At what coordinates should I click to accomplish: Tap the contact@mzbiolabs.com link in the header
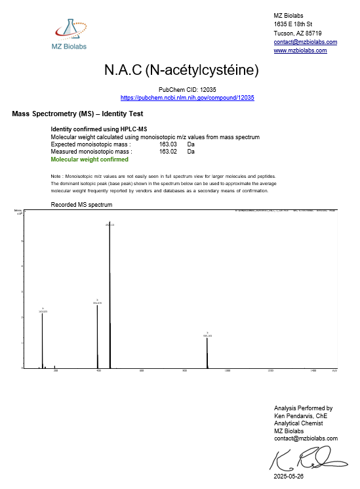tap(305, 42)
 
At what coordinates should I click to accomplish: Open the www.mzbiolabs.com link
tap(300, 51)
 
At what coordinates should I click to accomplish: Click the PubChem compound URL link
tap(188, 98)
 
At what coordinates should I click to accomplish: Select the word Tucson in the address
tap(283, 33)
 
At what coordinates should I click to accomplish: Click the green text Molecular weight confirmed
tap(90, 159)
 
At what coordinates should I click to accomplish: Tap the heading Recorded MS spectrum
tap(81, 205)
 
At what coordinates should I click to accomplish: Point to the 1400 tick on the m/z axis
tap(313, 372)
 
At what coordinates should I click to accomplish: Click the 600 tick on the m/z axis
tap(142, 372)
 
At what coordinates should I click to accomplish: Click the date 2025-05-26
tap(289, 477)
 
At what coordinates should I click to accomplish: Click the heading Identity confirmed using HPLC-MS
tap(99, 129)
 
